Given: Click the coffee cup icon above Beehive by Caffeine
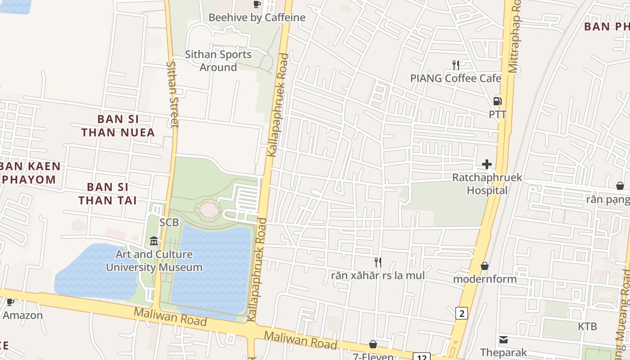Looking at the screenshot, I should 256,4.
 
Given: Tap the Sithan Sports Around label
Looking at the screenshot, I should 218,61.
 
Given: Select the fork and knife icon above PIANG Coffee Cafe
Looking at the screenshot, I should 456,65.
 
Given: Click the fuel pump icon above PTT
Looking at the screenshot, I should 497,101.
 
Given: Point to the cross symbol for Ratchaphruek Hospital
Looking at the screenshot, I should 487,164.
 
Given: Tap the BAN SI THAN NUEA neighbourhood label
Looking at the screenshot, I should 118,126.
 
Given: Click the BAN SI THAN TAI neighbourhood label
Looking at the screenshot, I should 108,193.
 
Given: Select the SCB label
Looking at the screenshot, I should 169,222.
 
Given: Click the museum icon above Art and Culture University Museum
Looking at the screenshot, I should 154,241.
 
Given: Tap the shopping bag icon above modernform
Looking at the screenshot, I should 485,266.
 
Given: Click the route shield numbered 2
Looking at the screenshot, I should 461,313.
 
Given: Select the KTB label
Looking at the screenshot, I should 588,326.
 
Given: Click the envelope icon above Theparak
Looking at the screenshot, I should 503,340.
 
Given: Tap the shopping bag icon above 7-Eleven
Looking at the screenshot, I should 373,344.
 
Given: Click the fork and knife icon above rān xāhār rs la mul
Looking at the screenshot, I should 378,262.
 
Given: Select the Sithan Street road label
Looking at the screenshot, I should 173,94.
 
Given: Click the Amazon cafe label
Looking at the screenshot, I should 22,315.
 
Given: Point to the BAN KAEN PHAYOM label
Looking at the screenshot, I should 30,173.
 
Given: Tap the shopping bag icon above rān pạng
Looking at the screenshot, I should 620,186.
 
